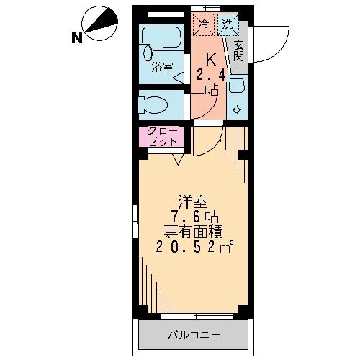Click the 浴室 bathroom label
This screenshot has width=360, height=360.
point(163,68)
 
